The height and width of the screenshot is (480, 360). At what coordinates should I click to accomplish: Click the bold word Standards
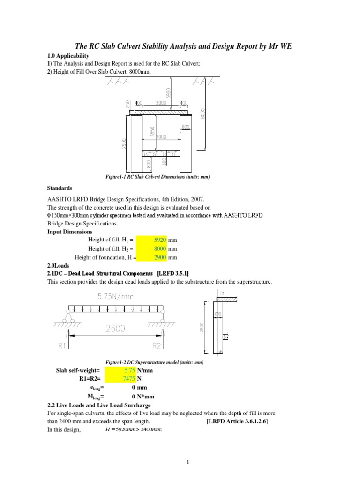(60, 188)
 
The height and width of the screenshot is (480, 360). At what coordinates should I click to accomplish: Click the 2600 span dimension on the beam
(115, 329)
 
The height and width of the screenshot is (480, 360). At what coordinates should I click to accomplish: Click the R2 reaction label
(159, 346)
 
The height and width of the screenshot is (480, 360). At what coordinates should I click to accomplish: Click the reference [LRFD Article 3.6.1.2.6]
(238, 422)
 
